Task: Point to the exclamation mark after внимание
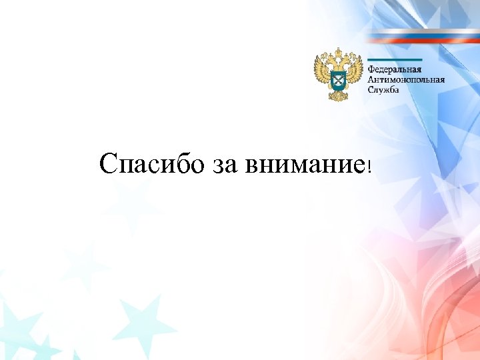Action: tap(368, 166)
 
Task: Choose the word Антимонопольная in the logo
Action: tap(406, 80)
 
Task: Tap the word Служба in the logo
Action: tap(384, 90)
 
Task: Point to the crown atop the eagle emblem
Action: tap(339, 51)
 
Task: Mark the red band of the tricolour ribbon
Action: tap(427, 41)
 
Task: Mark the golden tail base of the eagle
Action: tap(339, 97)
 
